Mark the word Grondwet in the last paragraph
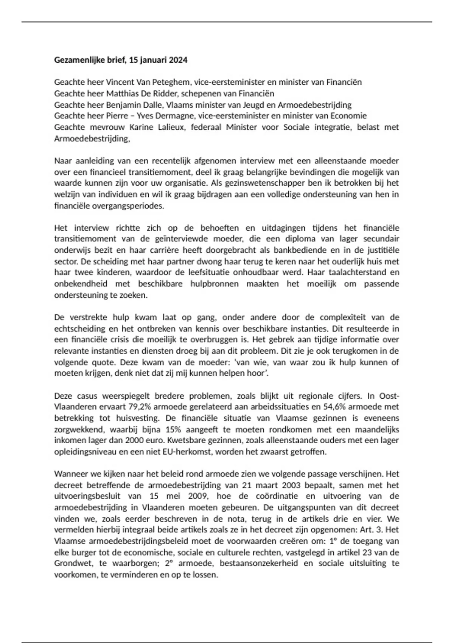point(73,564)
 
